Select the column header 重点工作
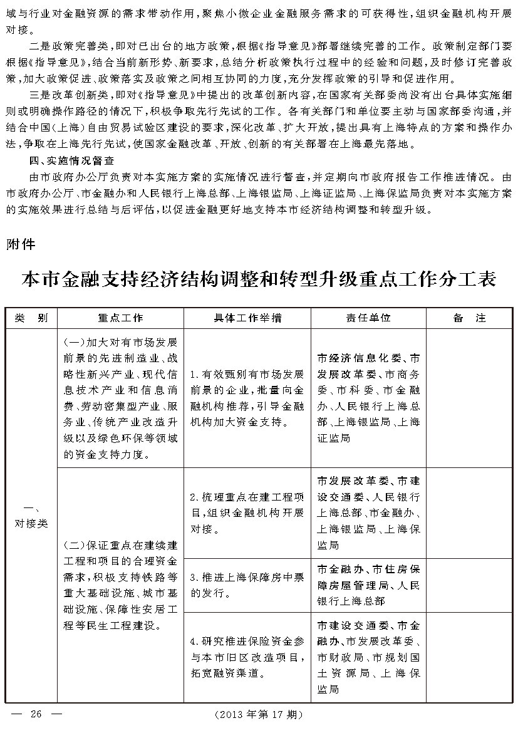click(120, 318)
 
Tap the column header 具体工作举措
click(247, 318)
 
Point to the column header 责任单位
click(368, 318)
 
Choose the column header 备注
click(469, 318)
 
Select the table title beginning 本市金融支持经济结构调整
click(259, 278)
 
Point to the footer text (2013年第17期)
click(258, 714)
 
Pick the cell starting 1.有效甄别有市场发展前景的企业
click(247, 398)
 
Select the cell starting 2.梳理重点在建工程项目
click(247, 513)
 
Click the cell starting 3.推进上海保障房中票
click(247, 584)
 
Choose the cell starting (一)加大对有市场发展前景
click(120, 398)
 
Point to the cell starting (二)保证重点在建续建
click(120, 584)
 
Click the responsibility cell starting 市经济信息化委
click(368, 398)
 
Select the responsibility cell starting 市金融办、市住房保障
click(368, 585)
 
